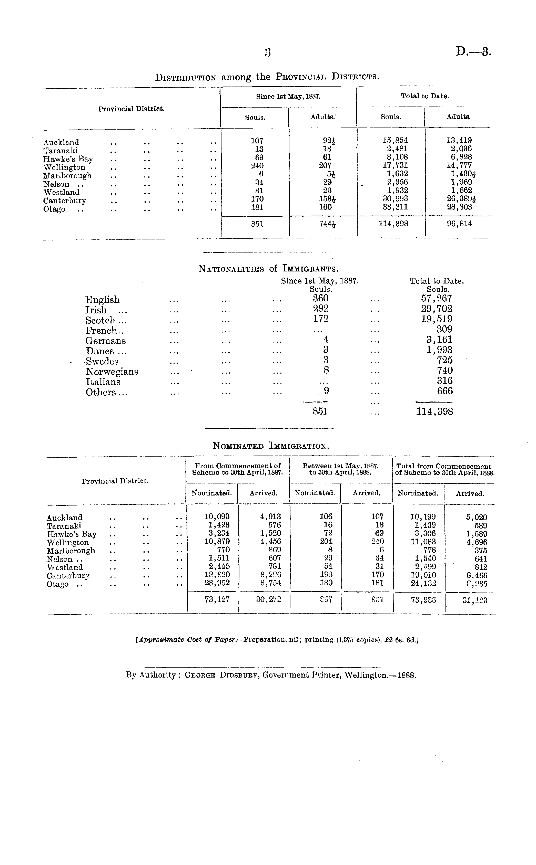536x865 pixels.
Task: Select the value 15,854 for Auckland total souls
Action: pos(395,140)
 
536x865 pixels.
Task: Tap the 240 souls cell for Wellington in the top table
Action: pos(257,165)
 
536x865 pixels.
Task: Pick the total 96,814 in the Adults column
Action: pos(459,224)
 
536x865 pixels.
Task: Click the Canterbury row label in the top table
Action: pos(65,201)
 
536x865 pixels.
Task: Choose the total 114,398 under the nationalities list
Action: pos(434,412)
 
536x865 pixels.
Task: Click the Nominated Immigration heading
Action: pos(271,446)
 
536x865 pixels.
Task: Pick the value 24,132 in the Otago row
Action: pos(423,583)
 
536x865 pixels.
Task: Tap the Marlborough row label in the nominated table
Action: pos(71,551)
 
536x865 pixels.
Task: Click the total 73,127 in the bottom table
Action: pos(217,599)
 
